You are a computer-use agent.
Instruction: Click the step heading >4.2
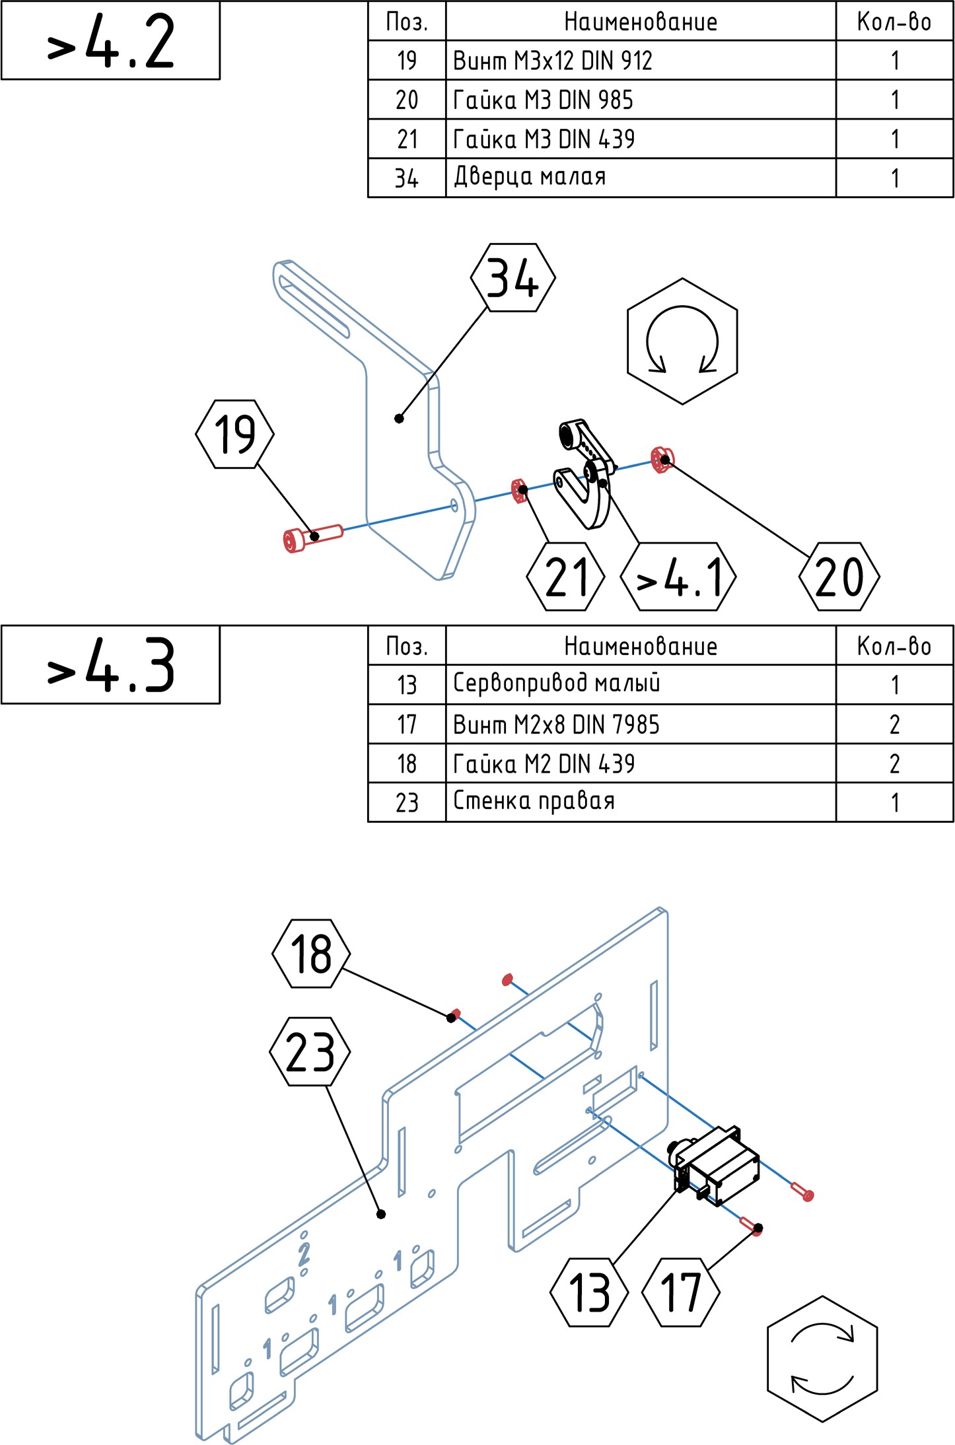pyautogui.click(x=110, y=41)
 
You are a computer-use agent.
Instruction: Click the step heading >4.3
pyautogui.click(x=110, y=665)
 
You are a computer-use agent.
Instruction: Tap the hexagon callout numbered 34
pyautogui.click(x=513, y=277)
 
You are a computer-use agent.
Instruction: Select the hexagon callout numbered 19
pyautogui.click(x=234, y=434)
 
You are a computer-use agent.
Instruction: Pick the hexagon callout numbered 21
pyautogui.click(x=566, y=577)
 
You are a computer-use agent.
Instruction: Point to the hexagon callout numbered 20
pyautogui.click(x=839, y=577)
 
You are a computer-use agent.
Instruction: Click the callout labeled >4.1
pyautogui.click(x=679, y=577)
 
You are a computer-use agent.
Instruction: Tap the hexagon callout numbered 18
pyautogui.click(x=311, y=953)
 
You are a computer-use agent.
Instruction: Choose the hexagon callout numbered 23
pyautogui.click(x=310, y=1051)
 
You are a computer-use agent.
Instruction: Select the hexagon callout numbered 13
pyautogui.click(x=589, y=1292)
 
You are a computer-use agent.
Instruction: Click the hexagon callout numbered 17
pyautogui.click(x=681, y=1292)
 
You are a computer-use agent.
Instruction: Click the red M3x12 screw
pyautogui.click(x=311, y=536)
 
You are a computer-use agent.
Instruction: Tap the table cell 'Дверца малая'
pyautogui.click(x=641, y=178)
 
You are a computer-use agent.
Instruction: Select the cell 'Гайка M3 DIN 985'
pyautogui.click(x=641, y=100)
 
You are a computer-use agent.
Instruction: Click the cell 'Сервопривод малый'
pyautogui.click(x=641, y=684)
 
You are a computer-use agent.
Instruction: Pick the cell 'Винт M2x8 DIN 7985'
pyautogui.click(x=641, y=724)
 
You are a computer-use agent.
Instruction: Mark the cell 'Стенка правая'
pyautogui.click(x=641, y=802)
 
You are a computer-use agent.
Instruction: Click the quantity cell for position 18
pyautogui.click(x=894, y=763)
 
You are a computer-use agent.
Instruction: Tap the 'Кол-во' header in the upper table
pyautogui.click(x=894, y=21)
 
